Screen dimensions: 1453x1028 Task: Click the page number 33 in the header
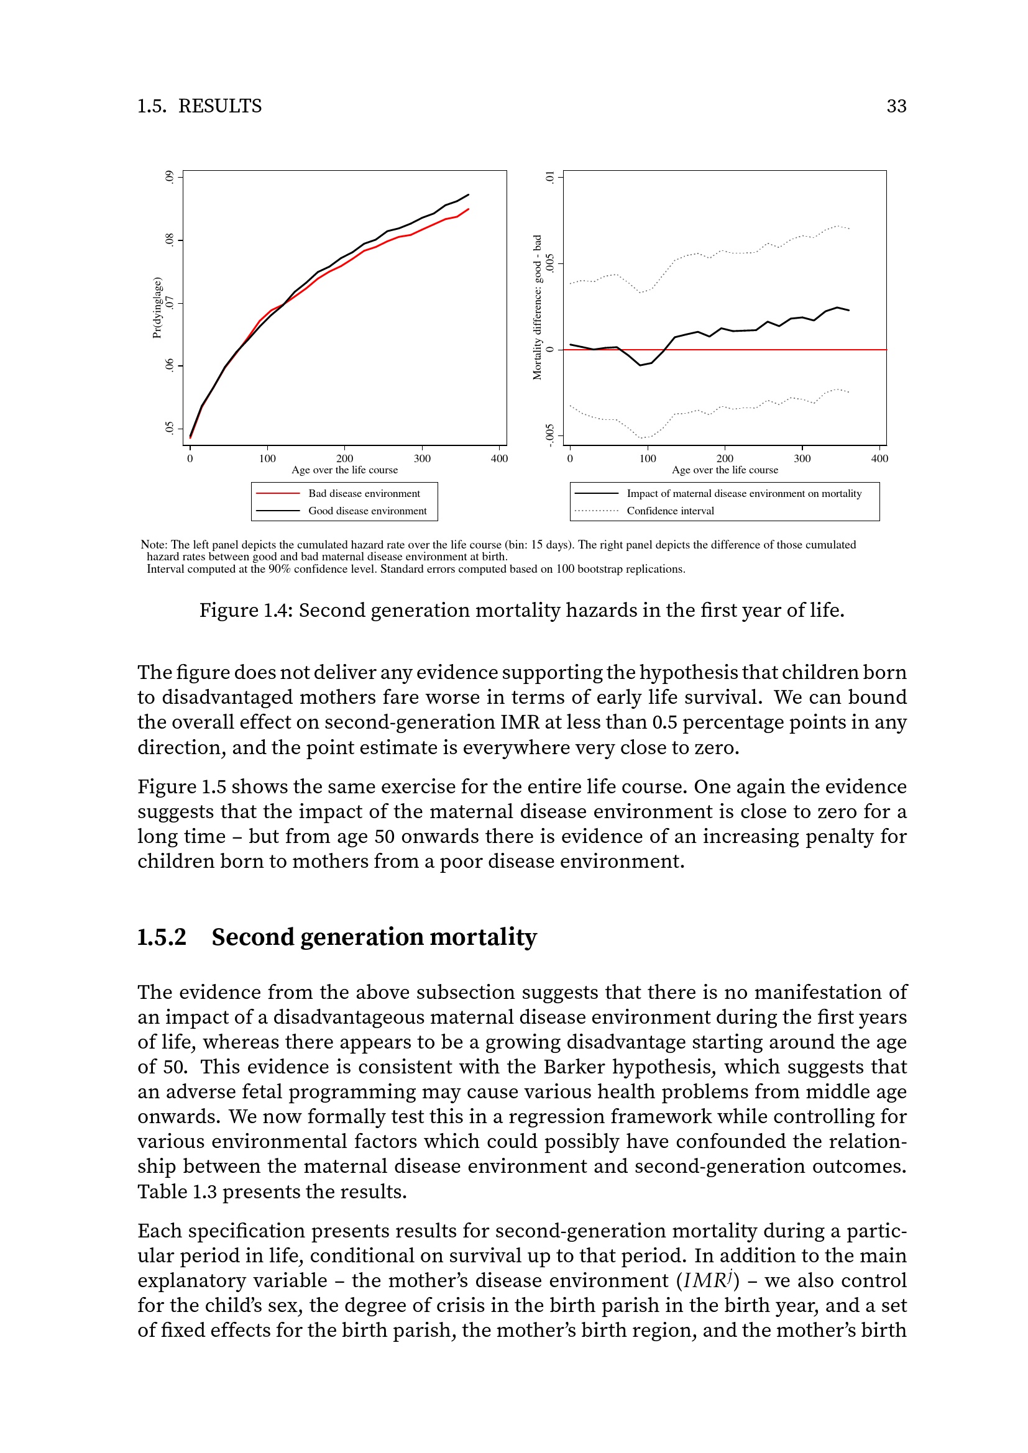896,106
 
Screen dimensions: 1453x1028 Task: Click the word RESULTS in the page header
219,106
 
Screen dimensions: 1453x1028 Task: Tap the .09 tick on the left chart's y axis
169,177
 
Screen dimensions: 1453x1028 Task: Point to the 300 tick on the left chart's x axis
421,458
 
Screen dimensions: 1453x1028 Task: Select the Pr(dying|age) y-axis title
158,307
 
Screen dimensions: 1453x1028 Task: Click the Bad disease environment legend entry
364,494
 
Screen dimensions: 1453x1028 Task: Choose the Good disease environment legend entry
367,511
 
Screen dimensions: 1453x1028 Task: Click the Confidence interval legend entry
670,511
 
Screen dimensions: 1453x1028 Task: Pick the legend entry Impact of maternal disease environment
744,494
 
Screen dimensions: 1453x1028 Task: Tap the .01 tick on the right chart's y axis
550,177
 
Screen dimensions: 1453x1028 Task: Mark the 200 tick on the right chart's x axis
725,458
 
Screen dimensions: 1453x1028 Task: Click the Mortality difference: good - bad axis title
538,307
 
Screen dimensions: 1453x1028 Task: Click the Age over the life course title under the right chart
725,470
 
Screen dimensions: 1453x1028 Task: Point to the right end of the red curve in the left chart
469,209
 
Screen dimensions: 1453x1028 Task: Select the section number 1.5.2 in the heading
162,937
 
